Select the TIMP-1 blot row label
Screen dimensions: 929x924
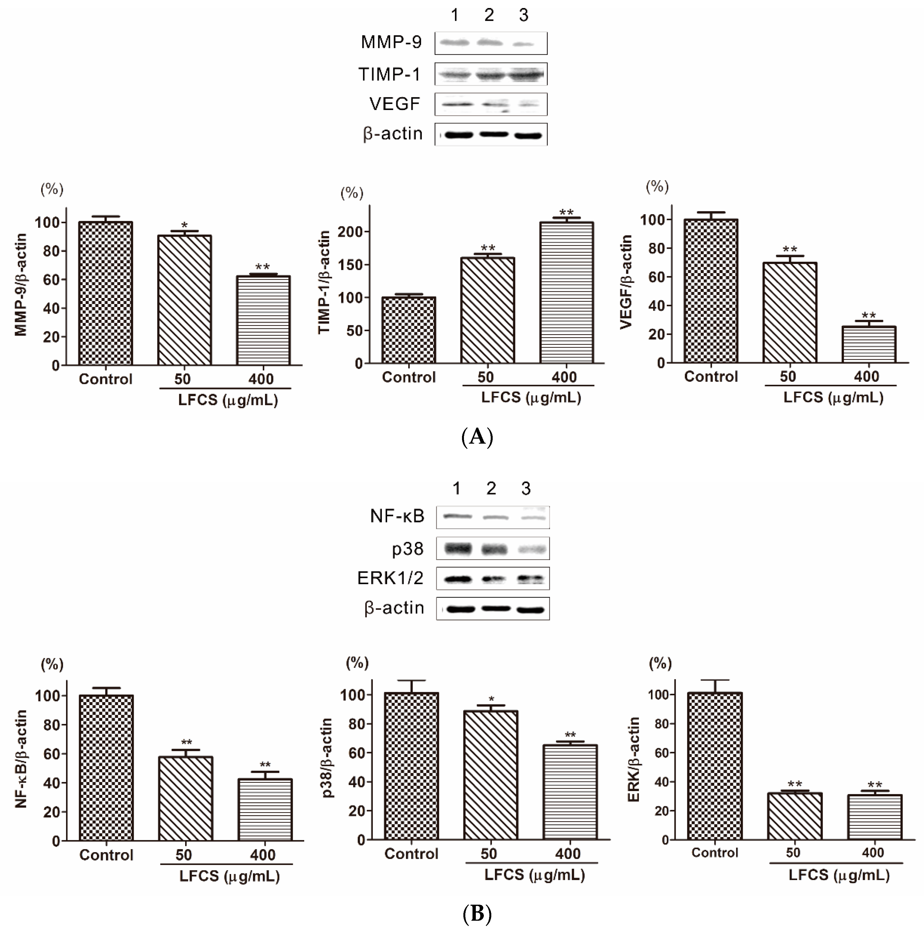[x=389, y=75]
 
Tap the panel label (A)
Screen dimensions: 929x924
[x=477, y=437]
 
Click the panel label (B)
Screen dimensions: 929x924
[x=477, y=913]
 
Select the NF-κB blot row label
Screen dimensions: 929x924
[x=397, y=516]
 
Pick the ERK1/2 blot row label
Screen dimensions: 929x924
[x=390, y=578]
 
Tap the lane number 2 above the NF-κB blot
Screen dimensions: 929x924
[x=491, y=488]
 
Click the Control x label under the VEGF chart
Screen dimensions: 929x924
[x=711, y=376]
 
